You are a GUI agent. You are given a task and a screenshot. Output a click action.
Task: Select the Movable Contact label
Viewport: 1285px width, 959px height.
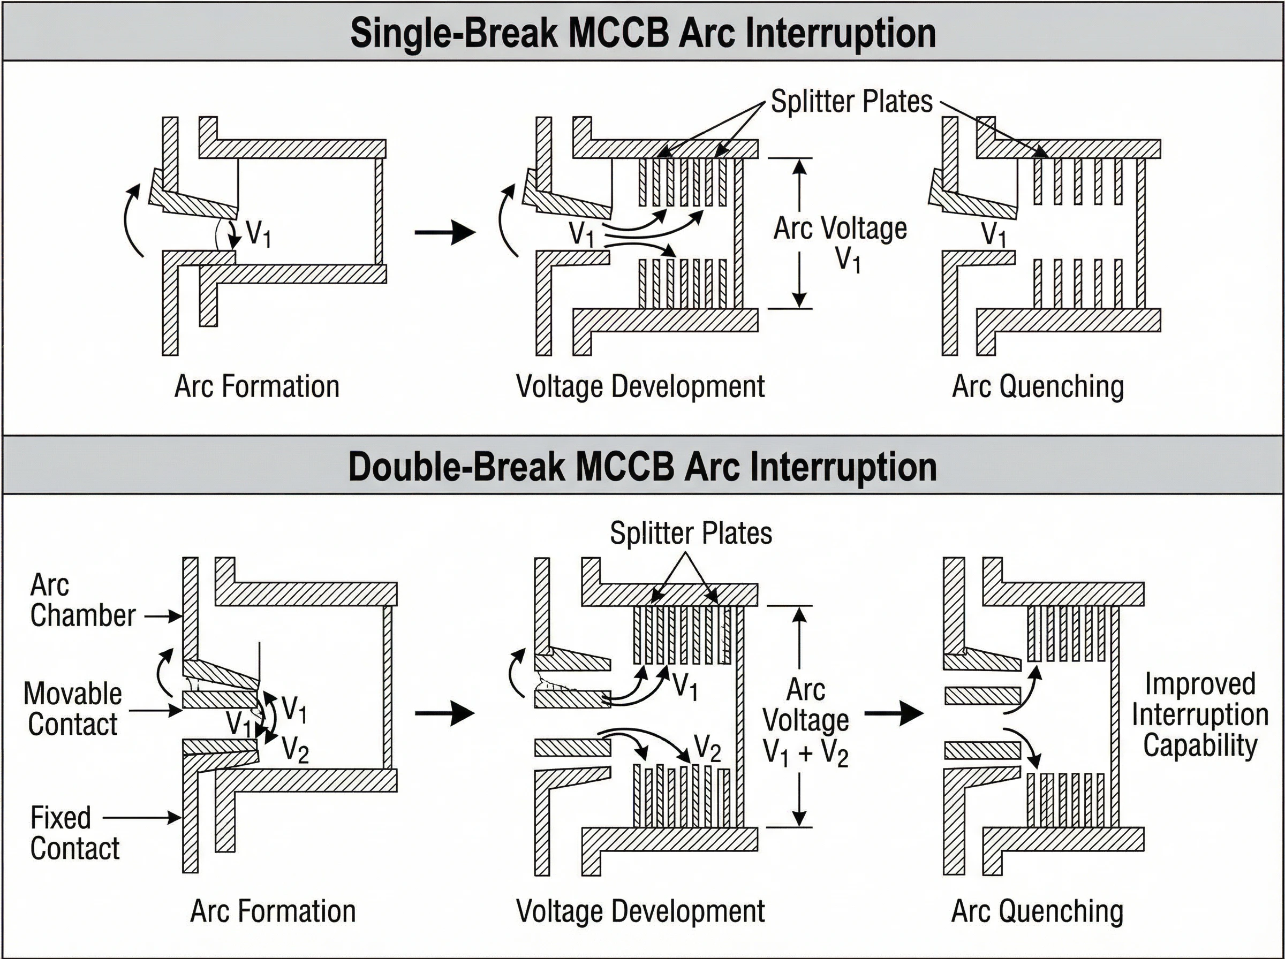click(x=73, y=709)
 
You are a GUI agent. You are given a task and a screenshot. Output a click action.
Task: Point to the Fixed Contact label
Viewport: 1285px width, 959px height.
click(x=74, y=833)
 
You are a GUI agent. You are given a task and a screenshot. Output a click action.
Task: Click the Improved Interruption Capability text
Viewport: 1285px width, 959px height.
click(x=1200, y=714)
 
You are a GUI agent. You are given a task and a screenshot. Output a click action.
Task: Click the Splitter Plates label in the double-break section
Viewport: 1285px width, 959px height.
click(x=690, y=533)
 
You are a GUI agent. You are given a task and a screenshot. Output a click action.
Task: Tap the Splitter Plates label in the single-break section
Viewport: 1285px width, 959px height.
click(x=851, y=102)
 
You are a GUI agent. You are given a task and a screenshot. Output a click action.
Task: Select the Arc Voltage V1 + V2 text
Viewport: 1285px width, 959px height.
click(x=805, y=721)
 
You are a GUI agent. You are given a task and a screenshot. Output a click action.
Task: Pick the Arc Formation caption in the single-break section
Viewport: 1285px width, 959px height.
click(x=256, y=386)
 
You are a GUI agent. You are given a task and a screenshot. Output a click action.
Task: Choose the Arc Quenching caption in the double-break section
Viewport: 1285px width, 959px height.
click(x=1037, y=911)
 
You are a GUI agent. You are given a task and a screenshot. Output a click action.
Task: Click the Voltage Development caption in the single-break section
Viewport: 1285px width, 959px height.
click(x=640, y=386)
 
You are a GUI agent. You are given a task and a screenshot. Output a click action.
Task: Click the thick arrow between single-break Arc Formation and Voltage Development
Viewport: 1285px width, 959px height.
click(x=445, y=233)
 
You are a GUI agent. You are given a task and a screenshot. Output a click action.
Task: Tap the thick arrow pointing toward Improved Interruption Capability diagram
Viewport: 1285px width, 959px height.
click(x=894, y=713)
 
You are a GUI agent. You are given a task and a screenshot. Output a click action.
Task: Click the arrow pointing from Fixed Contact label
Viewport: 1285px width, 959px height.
click(x=142, y=817)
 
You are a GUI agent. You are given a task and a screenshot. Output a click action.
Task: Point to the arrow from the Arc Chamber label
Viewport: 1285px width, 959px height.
click(x=163, y=616)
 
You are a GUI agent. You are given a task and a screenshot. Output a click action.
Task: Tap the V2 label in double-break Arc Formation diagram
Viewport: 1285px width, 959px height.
click(x=295, y=750)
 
